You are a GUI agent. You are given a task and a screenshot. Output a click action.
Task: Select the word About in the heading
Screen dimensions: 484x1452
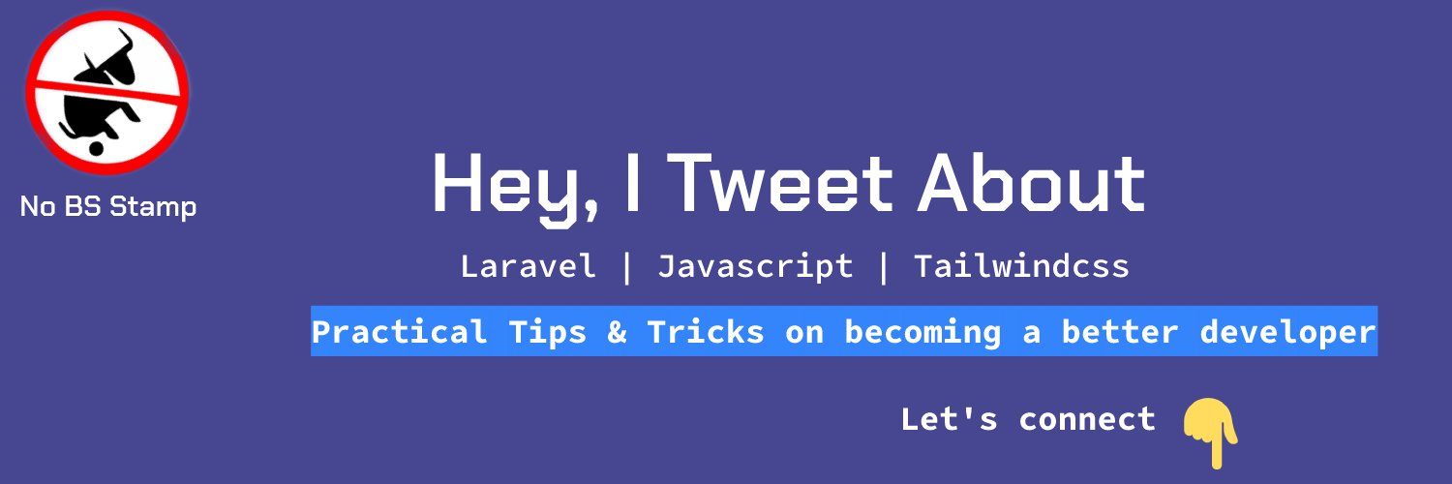1032,184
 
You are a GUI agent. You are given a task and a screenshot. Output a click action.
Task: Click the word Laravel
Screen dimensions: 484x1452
528,266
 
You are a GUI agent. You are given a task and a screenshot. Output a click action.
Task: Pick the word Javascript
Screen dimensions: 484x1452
755,266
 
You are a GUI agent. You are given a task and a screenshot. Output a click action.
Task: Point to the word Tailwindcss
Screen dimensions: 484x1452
1021,266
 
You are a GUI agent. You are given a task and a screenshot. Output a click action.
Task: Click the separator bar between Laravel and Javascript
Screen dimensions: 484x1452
627,267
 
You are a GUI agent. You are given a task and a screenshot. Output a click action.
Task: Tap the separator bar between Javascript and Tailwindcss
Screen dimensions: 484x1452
884,267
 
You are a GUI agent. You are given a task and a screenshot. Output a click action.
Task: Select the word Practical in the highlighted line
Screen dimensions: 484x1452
400,332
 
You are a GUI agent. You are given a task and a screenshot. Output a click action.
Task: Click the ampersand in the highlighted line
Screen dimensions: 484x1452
617,332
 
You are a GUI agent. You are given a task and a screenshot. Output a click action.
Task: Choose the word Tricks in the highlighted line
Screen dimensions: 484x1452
706,332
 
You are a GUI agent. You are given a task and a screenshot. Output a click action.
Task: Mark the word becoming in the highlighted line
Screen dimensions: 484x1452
923,332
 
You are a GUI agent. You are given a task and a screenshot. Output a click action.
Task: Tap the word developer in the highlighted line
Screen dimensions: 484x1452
1287,332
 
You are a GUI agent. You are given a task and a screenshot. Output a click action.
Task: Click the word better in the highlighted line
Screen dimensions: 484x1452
1120,332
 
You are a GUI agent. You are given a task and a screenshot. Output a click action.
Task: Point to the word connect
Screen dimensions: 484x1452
1087,419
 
